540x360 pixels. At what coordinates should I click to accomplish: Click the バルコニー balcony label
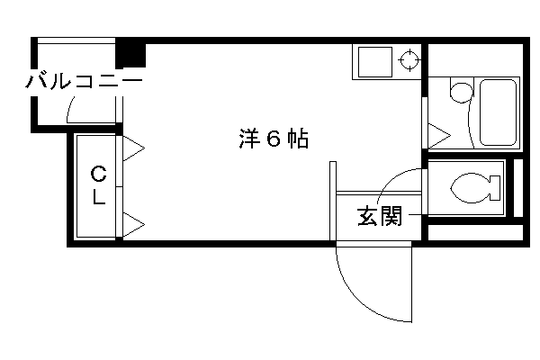click(84, 81)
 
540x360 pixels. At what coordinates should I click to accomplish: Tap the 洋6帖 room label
click(274, 139)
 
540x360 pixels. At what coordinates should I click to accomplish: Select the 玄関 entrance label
click(380, 216)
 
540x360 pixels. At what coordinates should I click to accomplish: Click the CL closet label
click(98, 185)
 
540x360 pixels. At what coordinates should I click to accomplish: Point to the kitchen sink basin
click(375, 62)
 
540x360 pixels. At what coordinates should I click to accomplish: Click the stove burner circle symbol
click(409, 60)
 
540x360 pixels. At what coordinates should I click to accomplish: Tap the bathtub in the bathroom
click(498, 112)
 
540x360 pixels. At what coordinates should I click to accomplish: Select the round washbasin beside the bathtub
click(462, 92)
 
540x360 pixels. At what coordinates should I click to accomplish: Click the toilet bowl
click(470, 188)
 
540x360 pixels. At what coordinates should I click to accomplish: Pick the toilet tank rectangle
click(494, 188)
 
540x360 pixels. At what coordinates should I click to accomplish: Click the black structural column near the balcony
click(130, 55)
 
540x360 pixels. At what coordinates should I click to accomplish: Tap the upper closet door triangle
click(133, 148)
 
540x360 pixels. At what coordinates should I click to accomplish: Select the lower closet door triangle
click(133, 225)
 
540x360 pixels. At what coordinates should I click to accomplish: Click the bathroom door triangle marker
click(439, 135)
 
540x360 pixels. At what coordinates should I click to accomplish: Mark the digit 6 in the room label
click(274, 139)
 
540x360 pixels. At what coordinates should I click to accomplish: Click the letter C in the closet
click(98, 174)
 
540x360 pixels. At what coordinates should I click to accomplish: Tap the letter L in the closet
click(98, 197)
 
